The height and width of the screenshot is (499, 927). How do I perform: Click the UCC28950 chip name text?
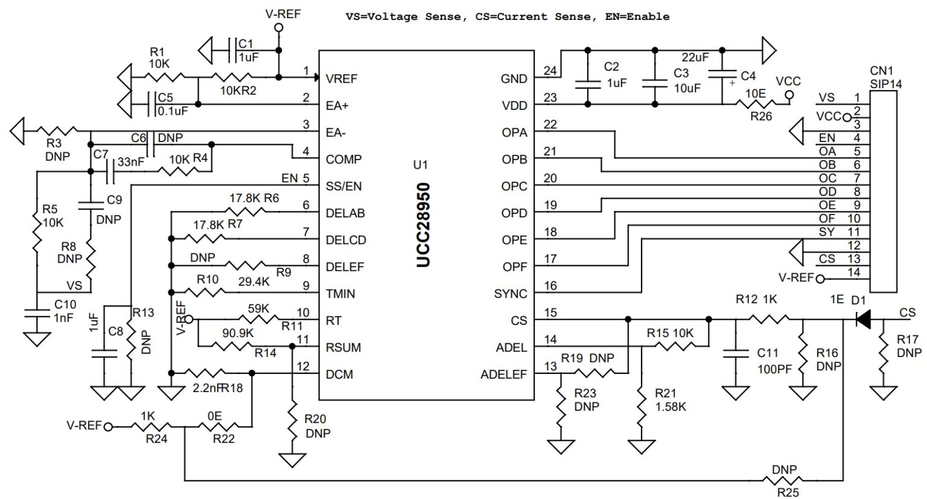pyautogui.click(x=424, y=224)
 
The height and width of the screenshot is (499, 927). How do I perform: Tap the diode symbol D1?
pyautogui.click(x=864, y=320)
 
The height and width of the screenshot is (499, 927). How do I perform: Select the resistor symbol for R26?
pyautogui.click(x=754, y=105)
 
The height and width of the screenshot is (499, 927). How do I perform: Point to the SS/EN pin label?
pyautogui.click(x=343, y=186)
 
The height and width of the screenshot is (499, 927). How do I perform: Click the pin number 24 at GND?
pyautogui.click(x=550, y=71)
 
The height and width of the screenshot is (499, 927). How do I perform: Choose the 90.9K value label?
pyautogui.click(x=238, y=333)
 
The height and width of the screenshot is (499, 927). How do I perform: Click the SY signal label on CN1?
pyautogui.click(x=827, y=232)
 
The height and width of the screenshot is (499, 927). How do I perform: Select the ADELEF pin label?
pyautogui.click(x=503, y=375)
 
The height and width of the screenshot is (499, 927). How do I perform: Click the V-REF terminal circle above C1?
pyautogui.click(x=278, y=28)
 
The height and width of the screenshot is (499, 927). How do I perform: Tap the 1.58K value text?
pyautogui.click(x=671, y=407)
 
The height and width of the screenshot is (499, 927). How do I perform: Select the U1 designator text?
pyautogui.click(x=420, y=165)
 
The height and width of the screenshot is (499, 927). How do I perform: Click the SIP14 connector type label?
pyautogui.click(x=886, y=84)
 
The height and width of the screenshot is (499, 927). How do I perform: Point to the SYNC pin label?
pyautogui.click(x=511, y=294)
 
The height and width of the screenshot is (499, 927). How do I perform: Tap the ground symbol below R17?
pyautogui.click(x=884, y=394)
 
